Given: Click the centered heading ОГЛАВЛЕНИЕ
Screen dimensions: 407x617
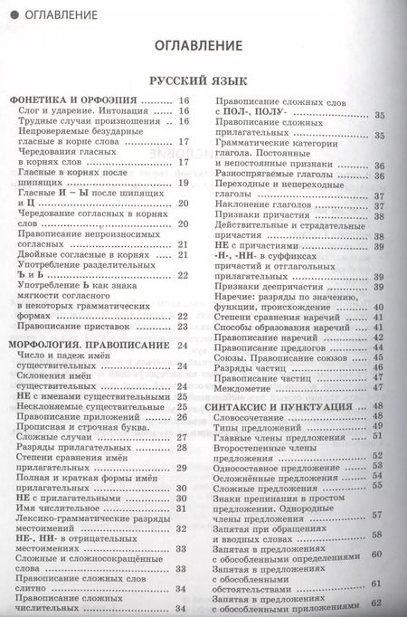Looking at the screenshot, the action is (x=204, y=44).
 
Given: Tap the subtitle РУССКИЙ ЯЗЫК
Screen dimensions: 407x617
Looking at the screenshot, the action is (x=204, y=80).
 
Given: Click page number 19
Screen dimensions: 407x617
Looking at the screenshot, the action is (x=183, y=183).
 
